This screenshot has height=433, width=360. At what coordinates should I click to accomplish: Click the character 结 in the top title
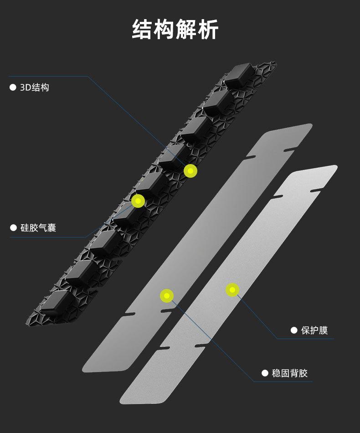click(143, 30)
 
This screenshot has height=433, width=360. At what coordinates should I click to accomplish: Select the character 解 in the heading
click(186, 30)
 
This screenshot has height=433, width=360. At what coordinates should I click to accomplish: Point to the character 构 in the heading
click(165, 30)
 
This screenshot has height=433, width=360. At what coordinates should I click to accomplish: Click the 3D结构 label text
click(35, 88)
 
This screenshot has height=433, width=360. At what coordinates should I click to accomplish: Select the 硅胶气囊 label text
click(38, 228)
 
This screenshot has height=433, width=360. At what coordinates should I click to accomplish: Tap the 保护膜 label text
click(314, 330)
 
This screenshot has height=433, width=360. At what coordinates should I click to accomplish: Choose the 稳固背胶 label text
click(290, 373)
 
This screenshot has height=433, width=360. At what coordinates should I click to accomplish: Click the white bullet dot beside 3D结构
click(13, 88)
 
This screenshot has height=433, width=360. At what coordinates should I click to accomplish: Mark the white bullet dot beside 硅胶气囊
click(13, 228)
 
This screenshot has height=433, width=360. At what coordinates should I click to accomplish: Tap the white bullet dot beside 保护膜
click(294, 330)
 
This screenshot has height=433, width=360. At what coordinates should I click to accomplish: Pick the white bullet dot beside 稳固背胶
click(265, 373)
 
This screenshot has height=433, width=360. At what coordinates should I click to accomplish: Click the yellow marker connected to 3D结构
click(190, 171)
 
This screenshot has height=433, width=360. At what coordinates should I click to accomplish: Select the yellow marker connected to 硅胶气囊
click(138, 201)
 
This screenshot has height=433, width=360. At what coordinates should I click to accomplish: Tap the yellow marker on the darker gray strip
click(167, 296)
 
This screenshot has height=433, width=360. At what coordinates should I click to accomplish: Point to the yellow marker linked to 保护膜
click(232, 289)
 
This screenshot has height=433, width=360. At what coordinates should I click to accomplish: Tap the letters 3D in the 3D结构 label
click(25, 88)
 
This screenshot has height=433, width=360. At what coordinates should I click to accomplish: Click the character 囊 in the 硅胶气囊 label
click(52, 228)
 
